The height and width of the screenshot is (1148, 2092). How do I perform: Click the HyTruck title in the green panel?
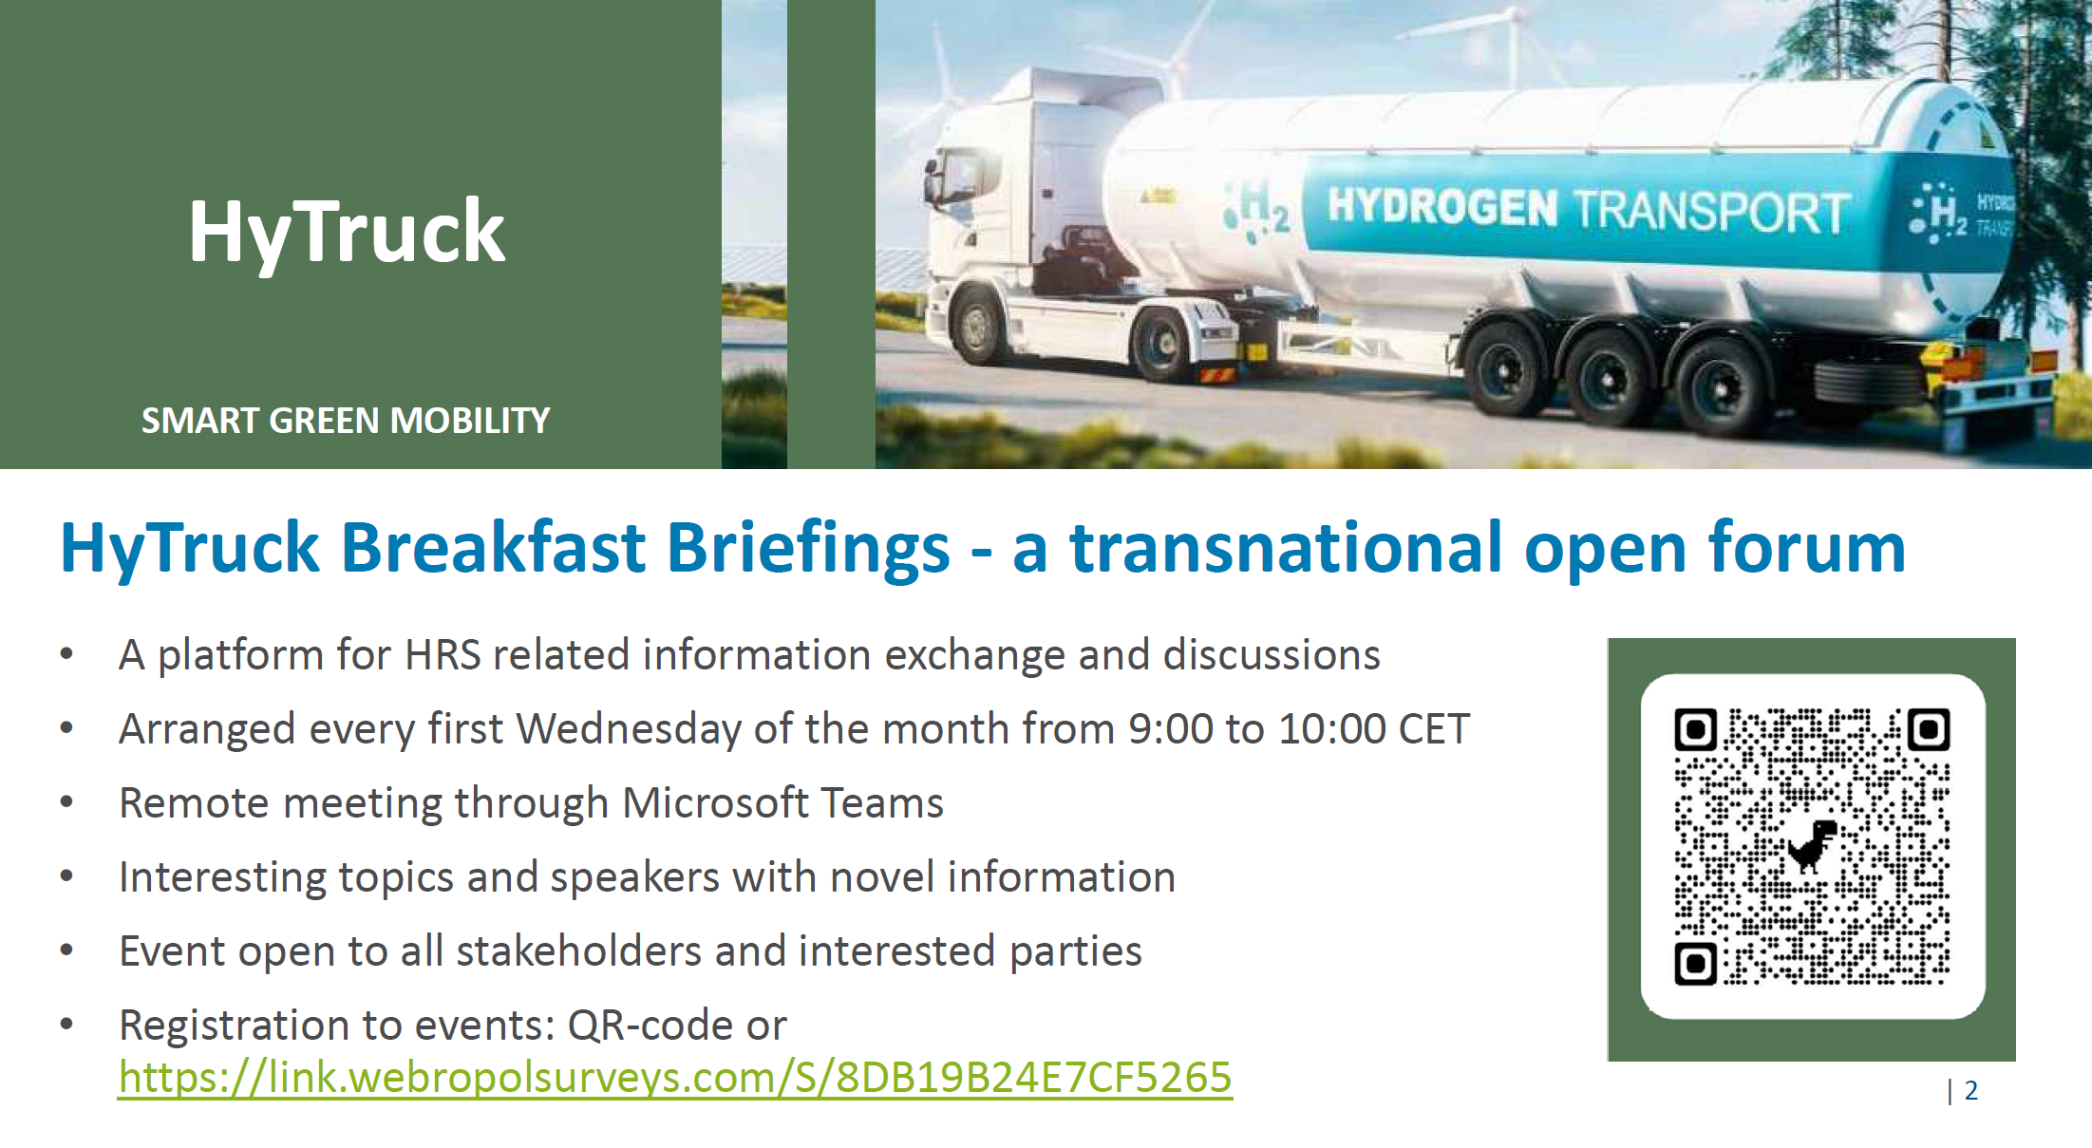[x=347, y=233]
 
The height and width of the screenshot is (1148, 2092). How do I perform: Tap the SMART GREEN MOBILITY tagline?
[x=346, y=421]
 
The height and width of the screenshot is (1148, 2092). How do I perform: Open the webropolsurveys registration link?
[x=675, y=1078]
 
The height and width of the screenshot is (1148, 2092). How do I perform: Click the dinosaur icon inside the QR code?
[x=1813, y=845]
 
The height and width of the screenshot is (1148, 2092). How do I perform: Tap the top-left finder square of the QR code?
[x=1696, y=729]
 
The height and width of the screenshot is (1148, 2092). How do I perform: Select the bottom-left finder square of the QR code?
[x=1696, y=964]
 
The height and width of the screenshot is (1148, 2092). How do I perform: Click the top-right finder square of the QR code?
[x=1929, y=729]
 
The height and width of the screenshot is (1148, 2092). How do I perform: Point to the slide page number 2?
[x=1971, y=1090]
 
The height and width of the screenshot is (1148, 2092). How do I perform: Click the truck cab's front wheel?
[x=979, y=325]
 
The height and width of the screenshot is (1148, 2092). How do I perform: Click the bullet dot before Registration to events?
[x=66, y=1025]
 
